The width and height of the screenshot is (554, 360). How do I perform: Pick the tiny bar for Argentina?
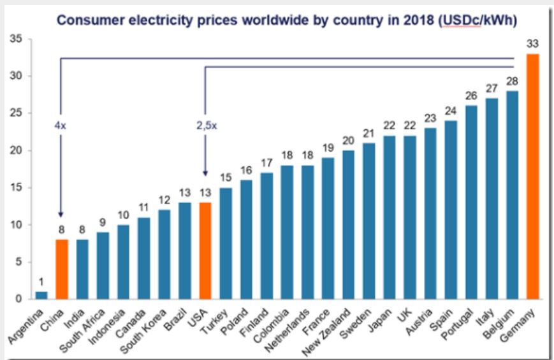tap(41, 295)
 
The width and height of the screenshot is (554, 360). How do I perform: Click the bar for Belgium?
tap(513, 195)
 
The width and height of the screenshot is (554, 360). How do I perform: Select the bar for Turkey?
tap(225, 243)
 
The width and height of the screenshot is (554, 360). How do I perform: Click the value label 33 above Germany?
tap(533, 44)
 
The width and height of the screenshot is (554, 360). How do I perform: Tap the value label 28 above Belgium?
tap(513, 81)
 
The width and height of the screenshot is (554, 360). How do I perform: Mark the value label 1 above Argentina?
tap(41, 281)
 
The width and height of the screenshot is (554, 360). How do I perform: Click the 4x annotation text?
tap(60, 126)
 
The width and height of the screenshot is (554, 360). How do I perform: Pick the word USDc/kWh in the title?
tap(476, 20)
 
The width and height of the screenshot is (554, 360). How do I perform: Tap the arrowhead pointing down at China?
tap(61, 215)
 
